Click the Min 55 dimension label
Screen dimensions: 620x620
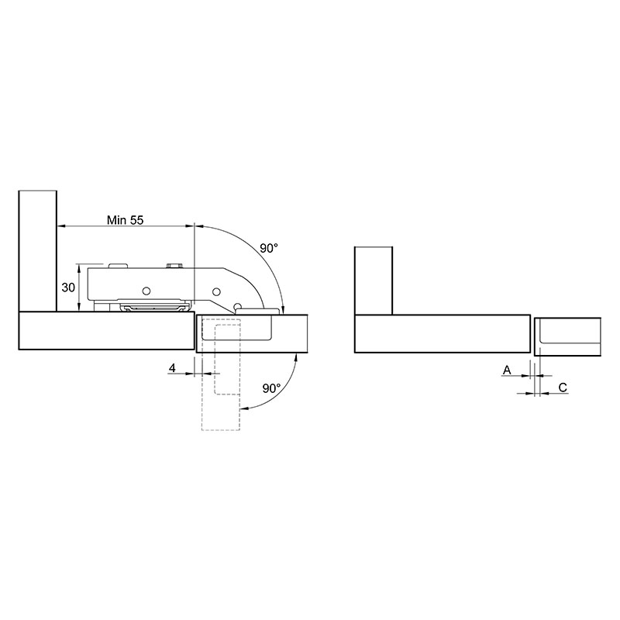[x=125, y=220]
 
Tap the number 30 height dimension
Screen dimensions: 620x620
[x=68, y=288]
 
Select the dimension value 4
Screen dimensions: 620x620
[x=172, y=368]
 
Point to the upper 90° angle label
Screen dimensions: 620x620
[x=269, y=248]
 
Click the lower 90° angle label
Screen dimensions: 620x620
[x=272, y=388]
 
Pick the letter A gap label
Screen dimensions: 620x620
[x=507, y=370]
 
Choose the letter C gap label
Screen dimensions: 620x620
[x=563, y=387]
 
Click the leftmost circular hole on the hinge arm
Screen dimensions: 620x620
[x=146, y=291]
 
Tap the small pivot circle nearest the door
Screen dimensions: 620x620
[x=238, y=306]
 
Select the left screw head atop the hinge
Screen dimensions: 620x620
[x=119, y=266]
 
